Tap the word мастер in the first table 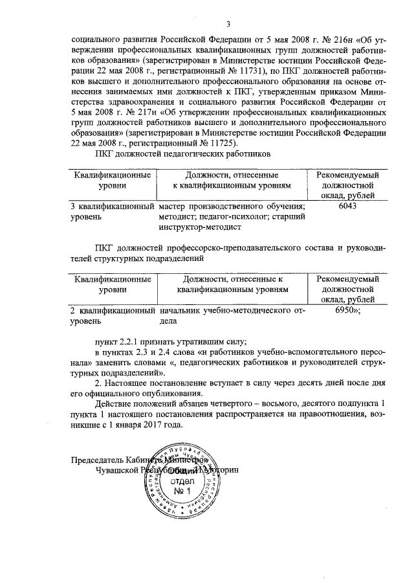[x=172, y=207]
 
